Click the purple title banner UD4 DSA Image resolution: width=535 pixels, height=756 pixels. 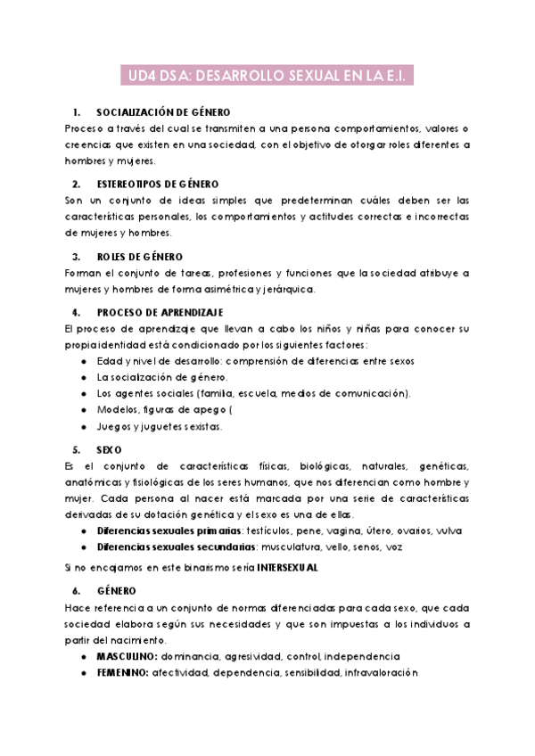point(267,78)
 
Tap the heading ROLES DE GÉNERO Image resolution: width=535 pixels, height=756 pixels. point(140,256)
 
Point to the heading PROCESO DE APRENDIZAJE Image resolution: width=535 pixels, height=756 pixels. point(160,312)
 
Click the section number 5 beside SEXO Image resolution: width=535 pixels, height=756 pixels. point(77,449)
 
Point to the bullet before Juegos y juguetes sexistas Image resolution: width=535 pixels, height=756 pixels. point(84,426)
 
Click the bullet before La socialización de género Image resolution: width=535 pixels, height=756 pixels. point(84,377)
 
